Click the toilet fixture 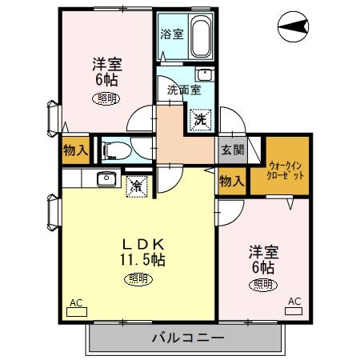pyautogui.click(x=114, y=149)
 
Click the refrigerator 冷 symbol pyautogui.click(x=138, y=186)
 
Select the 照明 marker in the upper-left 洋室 pyautogui.click(x=106, y=98)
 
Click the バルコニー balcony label pyautogui.click(x=187, y=338)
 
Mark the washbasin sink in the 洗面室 pyautogui.click(x=204, y=75)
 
